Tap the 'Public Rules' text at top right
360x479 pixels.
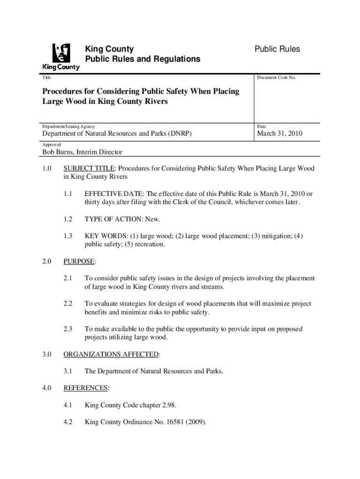point(277,49)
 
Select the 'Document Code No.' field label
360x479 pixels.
point(276,78)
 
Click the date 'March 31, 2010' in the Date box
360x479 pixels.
point(280,134)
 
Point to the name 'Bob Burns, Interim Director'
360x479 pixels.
point(83,152)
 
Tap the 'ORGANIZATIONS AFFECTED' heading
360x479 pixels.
point(111,355)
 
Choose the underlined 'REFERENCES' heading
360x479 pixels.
point(86,388)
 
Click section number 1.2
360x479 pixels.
point(68,219)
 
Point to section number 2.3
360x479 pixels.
point(68,329)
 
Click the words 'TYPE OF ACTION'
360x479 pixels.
point(108,219)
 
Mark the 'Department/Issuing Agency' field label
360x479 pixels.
point(69,126)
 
